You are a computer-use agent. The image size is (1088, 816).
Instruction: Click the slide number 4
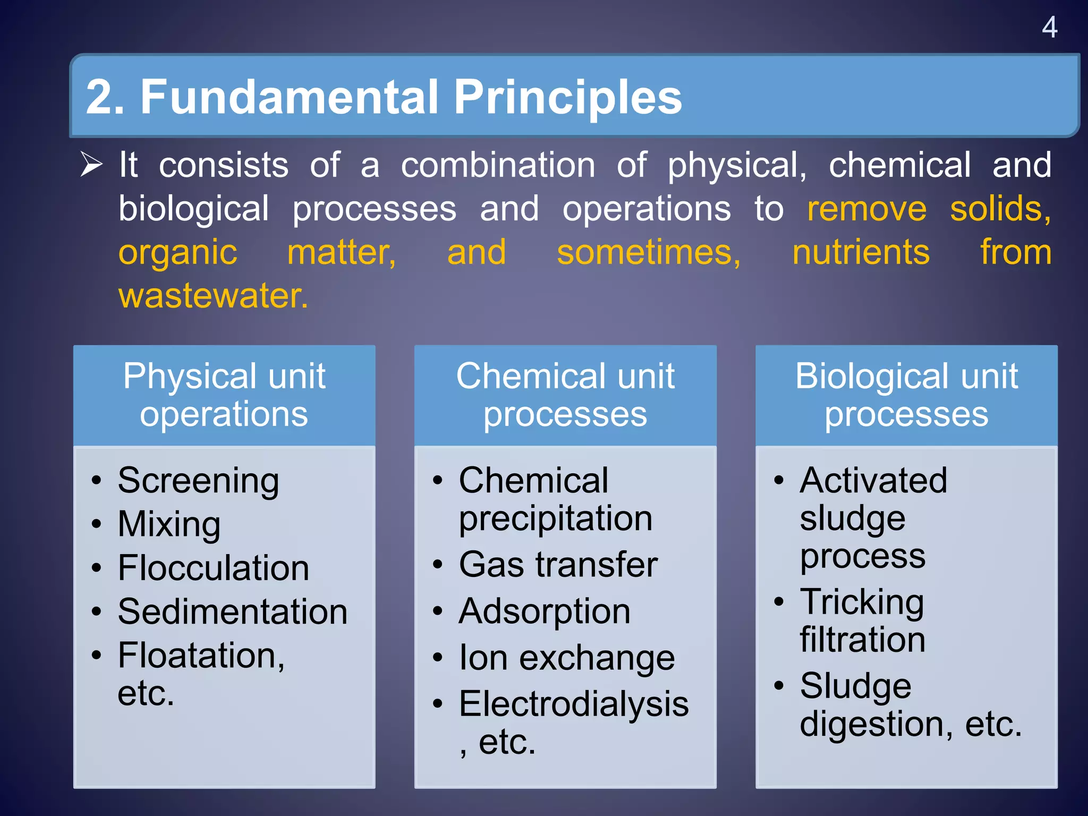point(1049,27)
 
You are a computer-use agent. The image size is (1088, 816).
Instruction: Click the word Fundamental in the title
point(290,97)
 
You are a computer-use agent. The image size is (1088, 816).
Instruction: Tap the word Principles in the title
point(567,97)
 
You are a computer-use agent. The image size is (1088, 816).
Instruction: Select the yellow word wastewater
point(213,295)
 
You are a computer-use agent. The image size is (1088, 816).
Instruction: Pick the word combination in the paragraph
point(498,165)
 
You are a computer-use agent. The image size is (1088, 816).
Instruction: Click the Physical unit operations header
point(224,395)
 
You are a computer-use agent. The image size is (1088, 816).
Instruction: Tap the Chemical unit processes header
point(565,395)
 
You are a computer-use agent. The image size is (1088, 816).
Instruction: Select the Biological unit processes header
point(906,395)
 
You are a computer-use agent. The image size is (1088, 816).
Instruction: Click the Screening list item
point(198,481)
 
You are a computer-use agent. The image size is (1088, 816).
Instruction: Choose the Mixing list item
point(169,524)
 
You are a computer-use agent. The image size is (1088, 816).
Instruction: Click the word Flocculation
point(214,568)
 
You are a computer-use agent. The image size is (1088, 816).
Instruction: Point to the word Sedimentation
point(233,611)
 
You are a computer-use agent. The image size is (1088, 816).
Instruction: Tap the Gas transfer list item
point(558,564)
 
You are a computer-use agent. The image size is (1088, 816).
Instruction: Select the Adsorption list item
point(545,611)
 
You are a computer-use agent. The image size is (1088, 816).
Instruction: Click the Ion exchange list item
point(567,658)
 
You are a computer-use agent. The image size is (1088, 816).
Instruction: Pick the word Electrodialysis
point(574,704)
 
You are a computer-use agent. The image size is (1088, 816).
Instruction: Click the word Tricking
point(862,602)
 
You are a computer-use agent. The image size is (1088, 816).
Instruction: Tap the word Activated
point(873,480)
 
